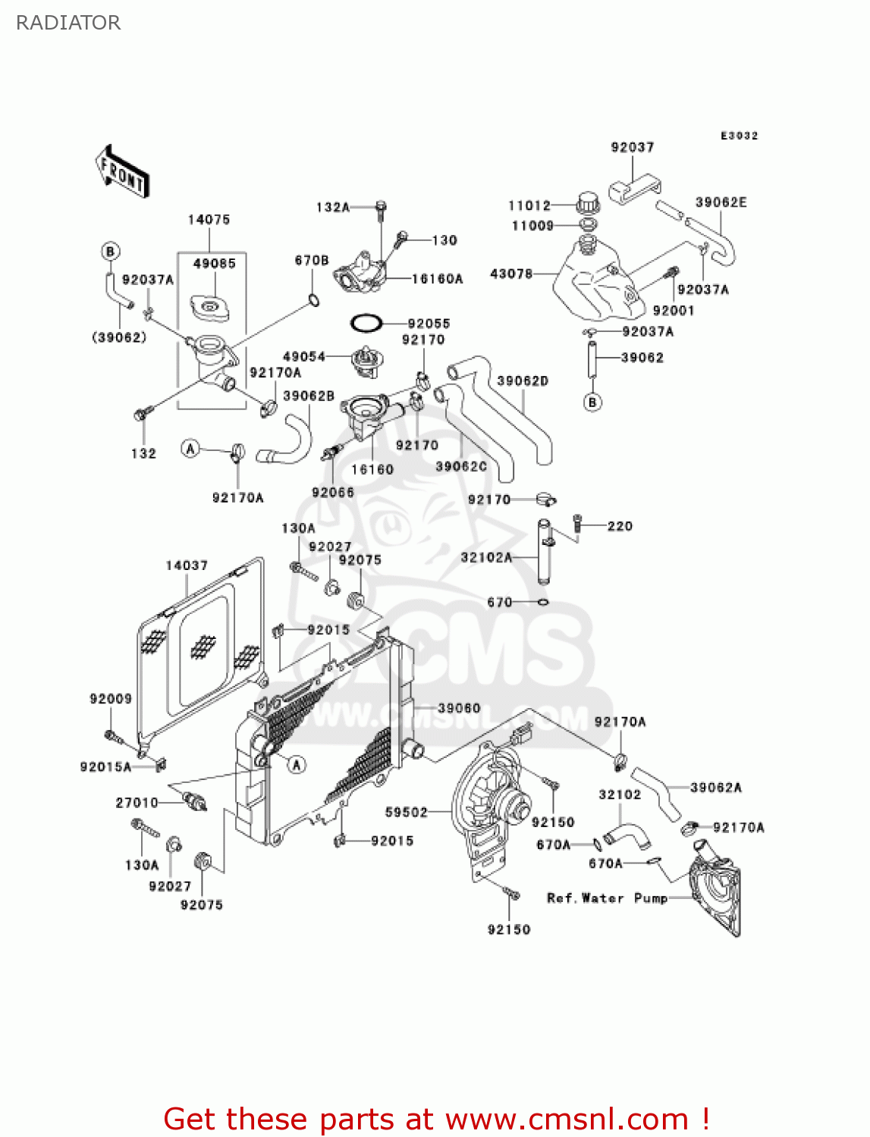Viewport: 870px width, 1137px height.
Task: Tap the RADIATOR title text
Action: tap(68, 23)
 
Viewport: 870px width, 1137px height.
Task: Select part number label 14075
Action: tap(209, 220)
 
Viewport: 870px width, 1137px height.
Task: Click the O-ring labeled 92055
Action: tap(366, 323)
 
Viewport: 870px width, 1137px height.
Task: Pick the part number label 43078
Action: tap(511, 274)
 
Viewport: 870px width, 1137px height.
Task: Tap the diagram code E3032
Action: tap(739, 136)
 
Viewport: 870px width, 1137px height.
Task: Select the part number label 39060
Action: tap(459, 708)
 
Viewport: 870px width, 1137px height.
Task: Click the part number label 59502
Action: tap(407, 813)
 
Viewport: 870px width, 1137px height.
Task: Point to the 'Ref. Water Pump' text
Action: tap(607, 898)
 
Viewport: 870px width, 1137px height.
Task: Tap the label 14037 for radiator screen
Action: tap(187, 565)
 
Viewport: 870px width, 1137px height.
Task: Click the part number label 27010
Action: tap(137, 803)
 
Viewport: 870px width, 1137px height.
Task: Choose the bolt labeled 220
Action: tap(577, 522)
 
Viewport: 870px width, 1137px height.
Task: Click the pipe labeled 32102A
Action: tap(544, 551)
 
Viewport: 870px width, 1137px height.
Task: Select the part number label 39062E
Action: tap(721, 202)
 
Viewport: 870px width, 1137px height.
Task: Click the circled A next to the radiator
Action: tap(297, 765)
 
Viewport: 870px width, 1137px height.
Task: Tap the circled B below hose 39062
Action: tap(593, 402)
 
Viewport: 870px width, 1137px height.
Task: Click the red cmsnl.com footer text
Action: tap(436, 1119)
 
